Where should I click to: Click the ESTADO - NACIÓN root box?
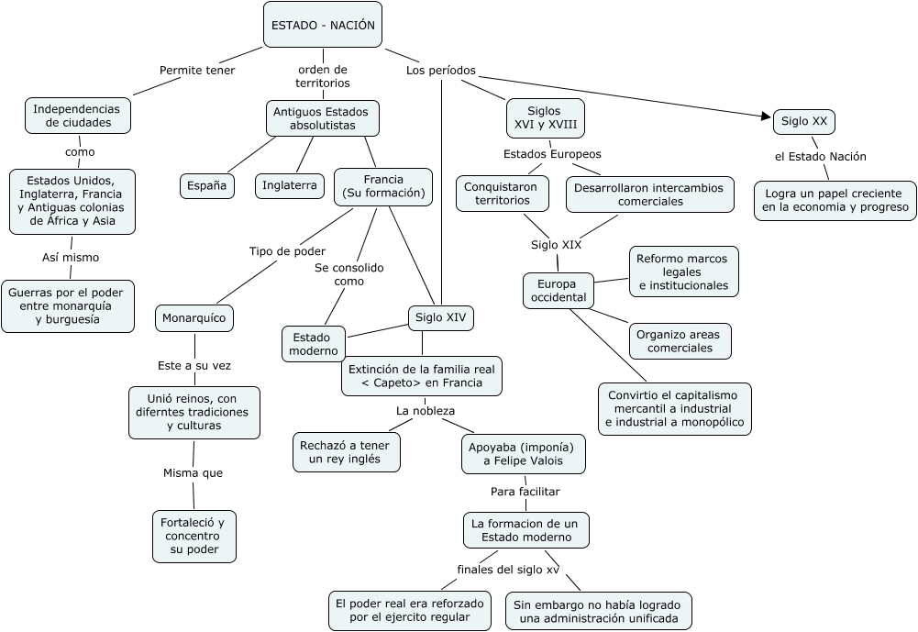pyautogui.click(x=323, y=25)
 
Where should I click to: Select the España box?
pyautogui.click(x=206, y=185)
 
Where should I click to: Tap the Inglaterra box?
pyautogui.click(x=289, y=185)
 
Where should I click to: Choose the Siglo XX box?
pyautogui.click(x=804, y=121)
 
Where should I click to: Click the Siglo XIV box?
pyautogui.click(x=440, y=317)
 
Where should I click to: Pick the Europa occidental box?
pyautogui.click(x=558, y=290)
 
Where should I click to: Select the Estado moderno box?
pyautogui.click(x=314, y=343)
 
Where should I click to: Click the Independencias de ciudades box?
pyautogui.click(x=78, y=115)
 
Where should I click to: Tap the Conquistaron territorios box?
pyautogui.click(x=503, y=194)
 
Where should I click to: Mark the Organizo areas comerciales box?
pyautogui.click(x=680, y=340)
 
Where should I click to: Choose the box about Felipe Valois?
pyautogui.click(x=523, y=453)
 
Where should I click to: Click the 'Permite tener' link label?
pyautogui.click(x=197, y=70)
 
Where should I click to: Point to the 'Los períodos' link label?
pyautogui.click(x=441, y=70)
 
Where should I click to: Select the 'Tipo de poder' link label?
pyautogui.click(x=287, y=251)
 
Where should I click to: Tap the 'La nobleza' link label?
pyautogui.click(x=426, y=411)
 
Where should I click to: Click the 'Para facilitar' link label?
pyautogui.click(x=525, y=491)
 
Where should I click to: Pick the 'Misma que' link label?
pyautogui.click(x=193, y=473)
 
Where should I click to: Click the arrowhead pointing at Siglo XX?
pyautogui.click(x=767, y=116)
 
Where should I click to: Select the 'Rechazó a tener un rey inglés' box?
pyautogui.click(x=347, y=452)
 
